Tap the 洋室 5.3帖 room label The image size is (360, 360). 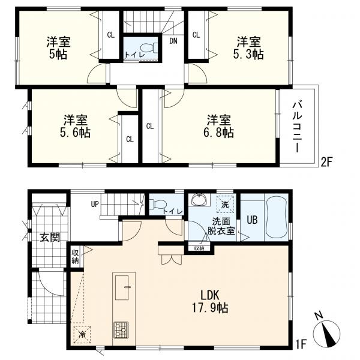[x=248, y=48]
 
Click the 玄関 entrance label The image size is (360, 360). [x=50, y=237]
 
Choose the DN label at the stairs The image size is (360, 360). [x=173, y=41]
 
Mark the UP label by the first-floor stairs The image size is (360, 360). [x=95, y=204]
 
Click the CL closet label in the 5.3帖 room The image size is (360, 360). [x=196, y=35]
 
